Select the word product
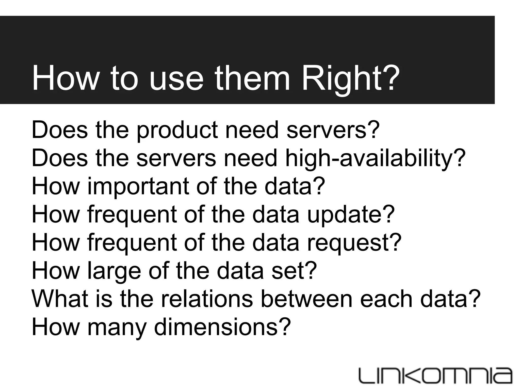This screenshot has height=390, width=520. [177, 130]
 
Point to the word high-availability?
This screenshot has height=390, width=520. [375, 158]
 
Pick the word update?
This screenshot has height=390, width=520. [351, 215]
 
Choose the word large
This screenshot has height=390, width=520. [114, 271]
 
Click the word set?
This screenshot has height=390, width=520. [294, 271]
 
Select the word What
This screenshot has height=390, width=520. [60, 299]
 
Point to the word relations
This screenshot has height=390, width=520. [207, 299]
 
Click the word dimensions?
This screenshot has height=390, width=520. [222, 327]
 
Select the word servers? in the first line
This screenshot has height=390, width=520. [333, 130]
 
